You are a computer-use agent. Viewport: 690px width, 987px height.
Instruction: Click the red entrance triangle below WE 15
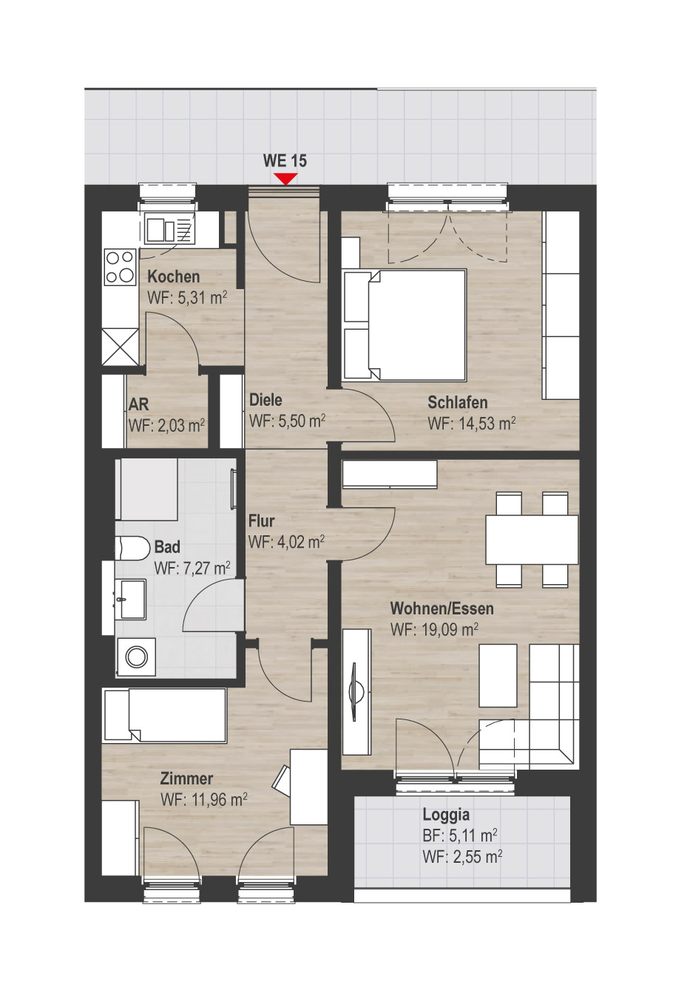pos(285,178)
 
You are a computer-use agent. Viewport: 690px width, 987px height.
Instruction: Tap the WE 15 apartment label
pos(285,160)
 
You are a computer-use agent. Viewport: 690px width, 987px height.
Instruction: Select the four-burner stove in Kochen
pos(121,267)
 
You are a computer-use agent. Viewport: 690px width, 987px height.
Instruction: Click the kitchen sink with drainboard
pos(169,229)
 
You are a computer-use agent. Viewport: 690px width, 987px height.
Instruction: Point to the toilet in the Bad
pos(132,548)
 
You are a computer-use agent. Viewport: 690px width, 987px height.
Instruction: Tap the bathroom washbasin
pos(130,599)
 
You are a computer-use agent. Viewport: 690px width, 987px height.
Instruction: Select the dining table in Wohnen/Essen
pos(532,539)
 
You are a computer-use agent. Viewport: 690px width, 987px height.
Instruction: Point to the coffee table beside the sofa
pos(498,676)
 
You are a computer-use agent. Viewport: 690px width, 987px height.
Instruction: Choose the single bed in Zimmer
pos(164,716)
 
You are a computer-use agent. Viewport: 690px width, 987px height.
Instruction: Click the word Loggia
pos(446,814)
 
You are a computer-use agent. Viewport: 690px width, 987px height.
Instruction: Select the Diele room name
pos(265,400)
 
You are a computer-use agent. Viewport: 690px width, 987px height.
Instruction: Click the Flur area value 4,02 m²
pos(301,542)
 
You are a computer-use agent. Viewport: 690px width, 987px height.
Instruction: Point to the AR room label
pos(138,404)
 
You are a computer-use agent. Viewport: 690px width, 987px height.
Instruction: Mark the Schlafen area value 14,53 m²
pos(487,424)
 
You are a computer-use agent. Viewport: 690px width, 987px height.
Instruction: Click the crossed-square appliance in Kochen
pos(121,347)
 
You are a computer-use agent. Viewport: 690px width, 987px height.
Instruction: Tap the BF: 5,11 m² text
pos(460,835)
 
